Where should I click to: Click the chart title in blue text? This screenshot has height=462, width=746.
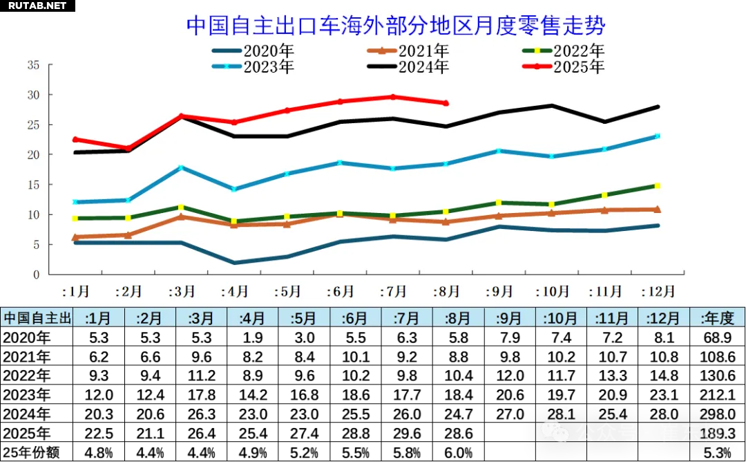[x=396, y=26]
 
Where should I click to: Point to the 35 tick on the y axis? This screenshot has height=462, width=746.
[x=32, y=66]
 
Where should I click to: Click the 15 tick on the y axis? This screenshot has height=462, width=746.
[x=32, y=185]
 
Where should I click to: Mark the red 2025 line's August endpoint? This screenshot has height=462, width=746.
[x=446, y=103]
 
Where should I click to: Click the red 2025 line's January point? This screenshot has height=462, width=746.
[x=75, y=139]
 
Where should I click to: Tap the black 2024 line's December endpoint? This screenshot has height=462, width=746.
[x=657, y=107]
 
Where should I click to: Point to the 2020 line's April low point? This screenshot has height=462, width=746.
[x=235, y=263]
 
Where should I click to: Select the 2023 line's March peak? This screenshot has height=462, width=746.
[x=181, y=167]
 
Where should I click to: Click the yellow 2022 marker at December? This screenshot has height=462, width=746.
[x=657, y=185]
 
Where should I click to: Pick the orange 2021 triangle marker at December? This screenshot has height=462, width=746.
[x=657, y=209]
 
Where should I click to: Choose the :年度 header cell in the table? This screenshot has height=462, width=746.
[x=717, y=318]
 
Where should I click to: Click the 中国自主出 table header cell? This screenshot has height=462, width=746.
[x=37, y=318]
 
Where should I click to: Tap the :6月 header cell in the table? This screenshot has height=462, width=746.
[x=355, y=318]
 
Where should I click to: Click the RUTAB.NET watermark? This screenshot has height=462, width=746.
[x=36, y=6]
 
